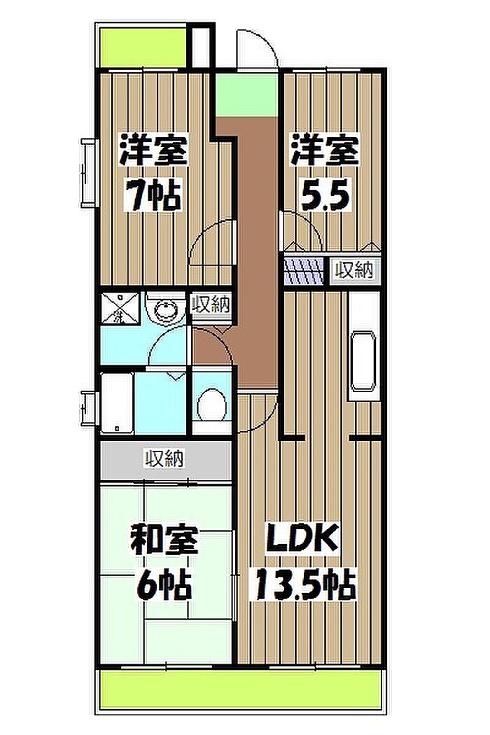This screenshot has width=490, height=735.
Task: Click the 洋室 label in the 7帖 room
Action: [x=154, y=150]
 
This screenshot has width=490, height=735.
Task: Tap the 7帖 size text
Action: [x=153, y=195]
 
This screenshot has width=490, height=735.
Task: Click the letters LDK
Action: [x=302, y=538]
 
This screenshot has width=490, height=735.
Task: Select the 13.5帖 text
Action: [x=305, y=584]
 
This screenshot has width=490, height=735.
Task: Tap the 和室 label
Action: [x=164, y=539]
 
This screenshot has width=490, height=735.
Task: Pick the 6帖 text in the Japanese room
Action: [x=164, y=584]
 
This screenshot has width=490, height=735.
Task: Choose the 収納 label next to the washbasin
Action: [x=211, y=304]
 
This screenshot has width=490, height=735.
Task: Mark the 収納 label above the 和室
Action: [x=164, y=458]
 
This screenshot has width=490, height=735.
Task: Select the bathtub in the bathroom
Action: [x=117, y=403]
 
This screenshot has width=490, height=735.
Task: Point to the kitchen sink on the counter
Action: [x=364, y=362]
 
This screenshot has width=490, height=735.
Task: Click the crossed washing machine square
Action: [x=120, y=307]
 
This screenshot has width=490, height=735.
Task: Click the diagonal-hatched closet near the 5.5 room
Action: [x=304, y=271]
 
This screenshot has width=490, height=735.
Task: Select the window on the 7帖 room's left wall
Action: [x=88, y=172]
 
